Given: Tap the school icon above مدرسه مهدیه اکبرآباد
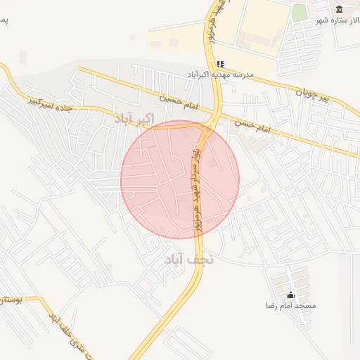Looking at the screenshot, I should pyautogui.click(x=220, y=64).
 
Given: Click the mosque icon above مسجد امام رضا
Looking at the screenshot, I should pyautogui.click(x=291, y=295).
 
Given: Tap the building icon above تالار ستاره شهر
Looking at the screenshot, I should pyautogui.click(x=340, y=9).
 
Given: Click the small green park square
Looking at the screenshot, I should pyautogui.click(x=300, y=13).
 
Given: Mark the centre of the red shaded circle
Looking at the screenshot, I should pyautogui.click(x=180, y=180).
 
